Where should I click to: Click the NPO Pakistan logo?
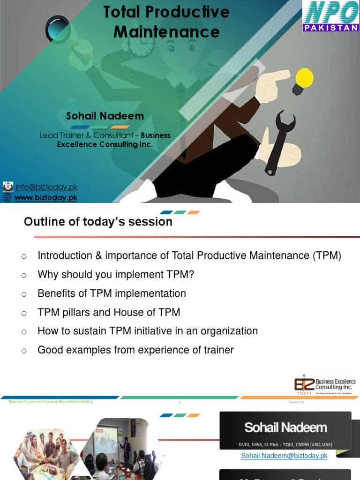[x=330, y=16]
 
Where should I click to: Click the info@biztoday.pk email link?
[x=46, y=187]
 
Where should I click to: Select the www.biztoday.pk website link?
[x=46, y=197]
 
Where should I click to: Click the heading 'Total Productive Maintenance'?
[x=166, y=22]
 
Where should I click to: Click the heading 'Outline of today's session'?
[x=98, y=222]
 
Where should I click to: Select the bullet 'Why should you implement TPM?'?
[x=116, y=275]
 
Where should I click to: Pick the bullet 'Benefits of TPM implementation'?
[x=112, y=293]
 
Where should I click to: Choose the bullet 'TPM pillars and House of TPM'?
[x=109, y=312]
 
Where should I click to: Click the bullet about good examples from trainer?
[x=135, y=350]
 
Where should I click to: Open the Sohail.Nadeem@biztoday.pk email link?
[x=284, y=456]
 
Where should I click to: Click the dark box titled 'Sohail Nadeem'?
[x=285, y=430]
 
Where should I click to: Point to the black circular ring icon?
[x=58, y=30]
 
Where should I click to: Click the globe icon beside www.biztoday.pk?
[x=7, y=197]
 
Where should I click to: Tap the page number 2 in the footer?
[x=180, y=402]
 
